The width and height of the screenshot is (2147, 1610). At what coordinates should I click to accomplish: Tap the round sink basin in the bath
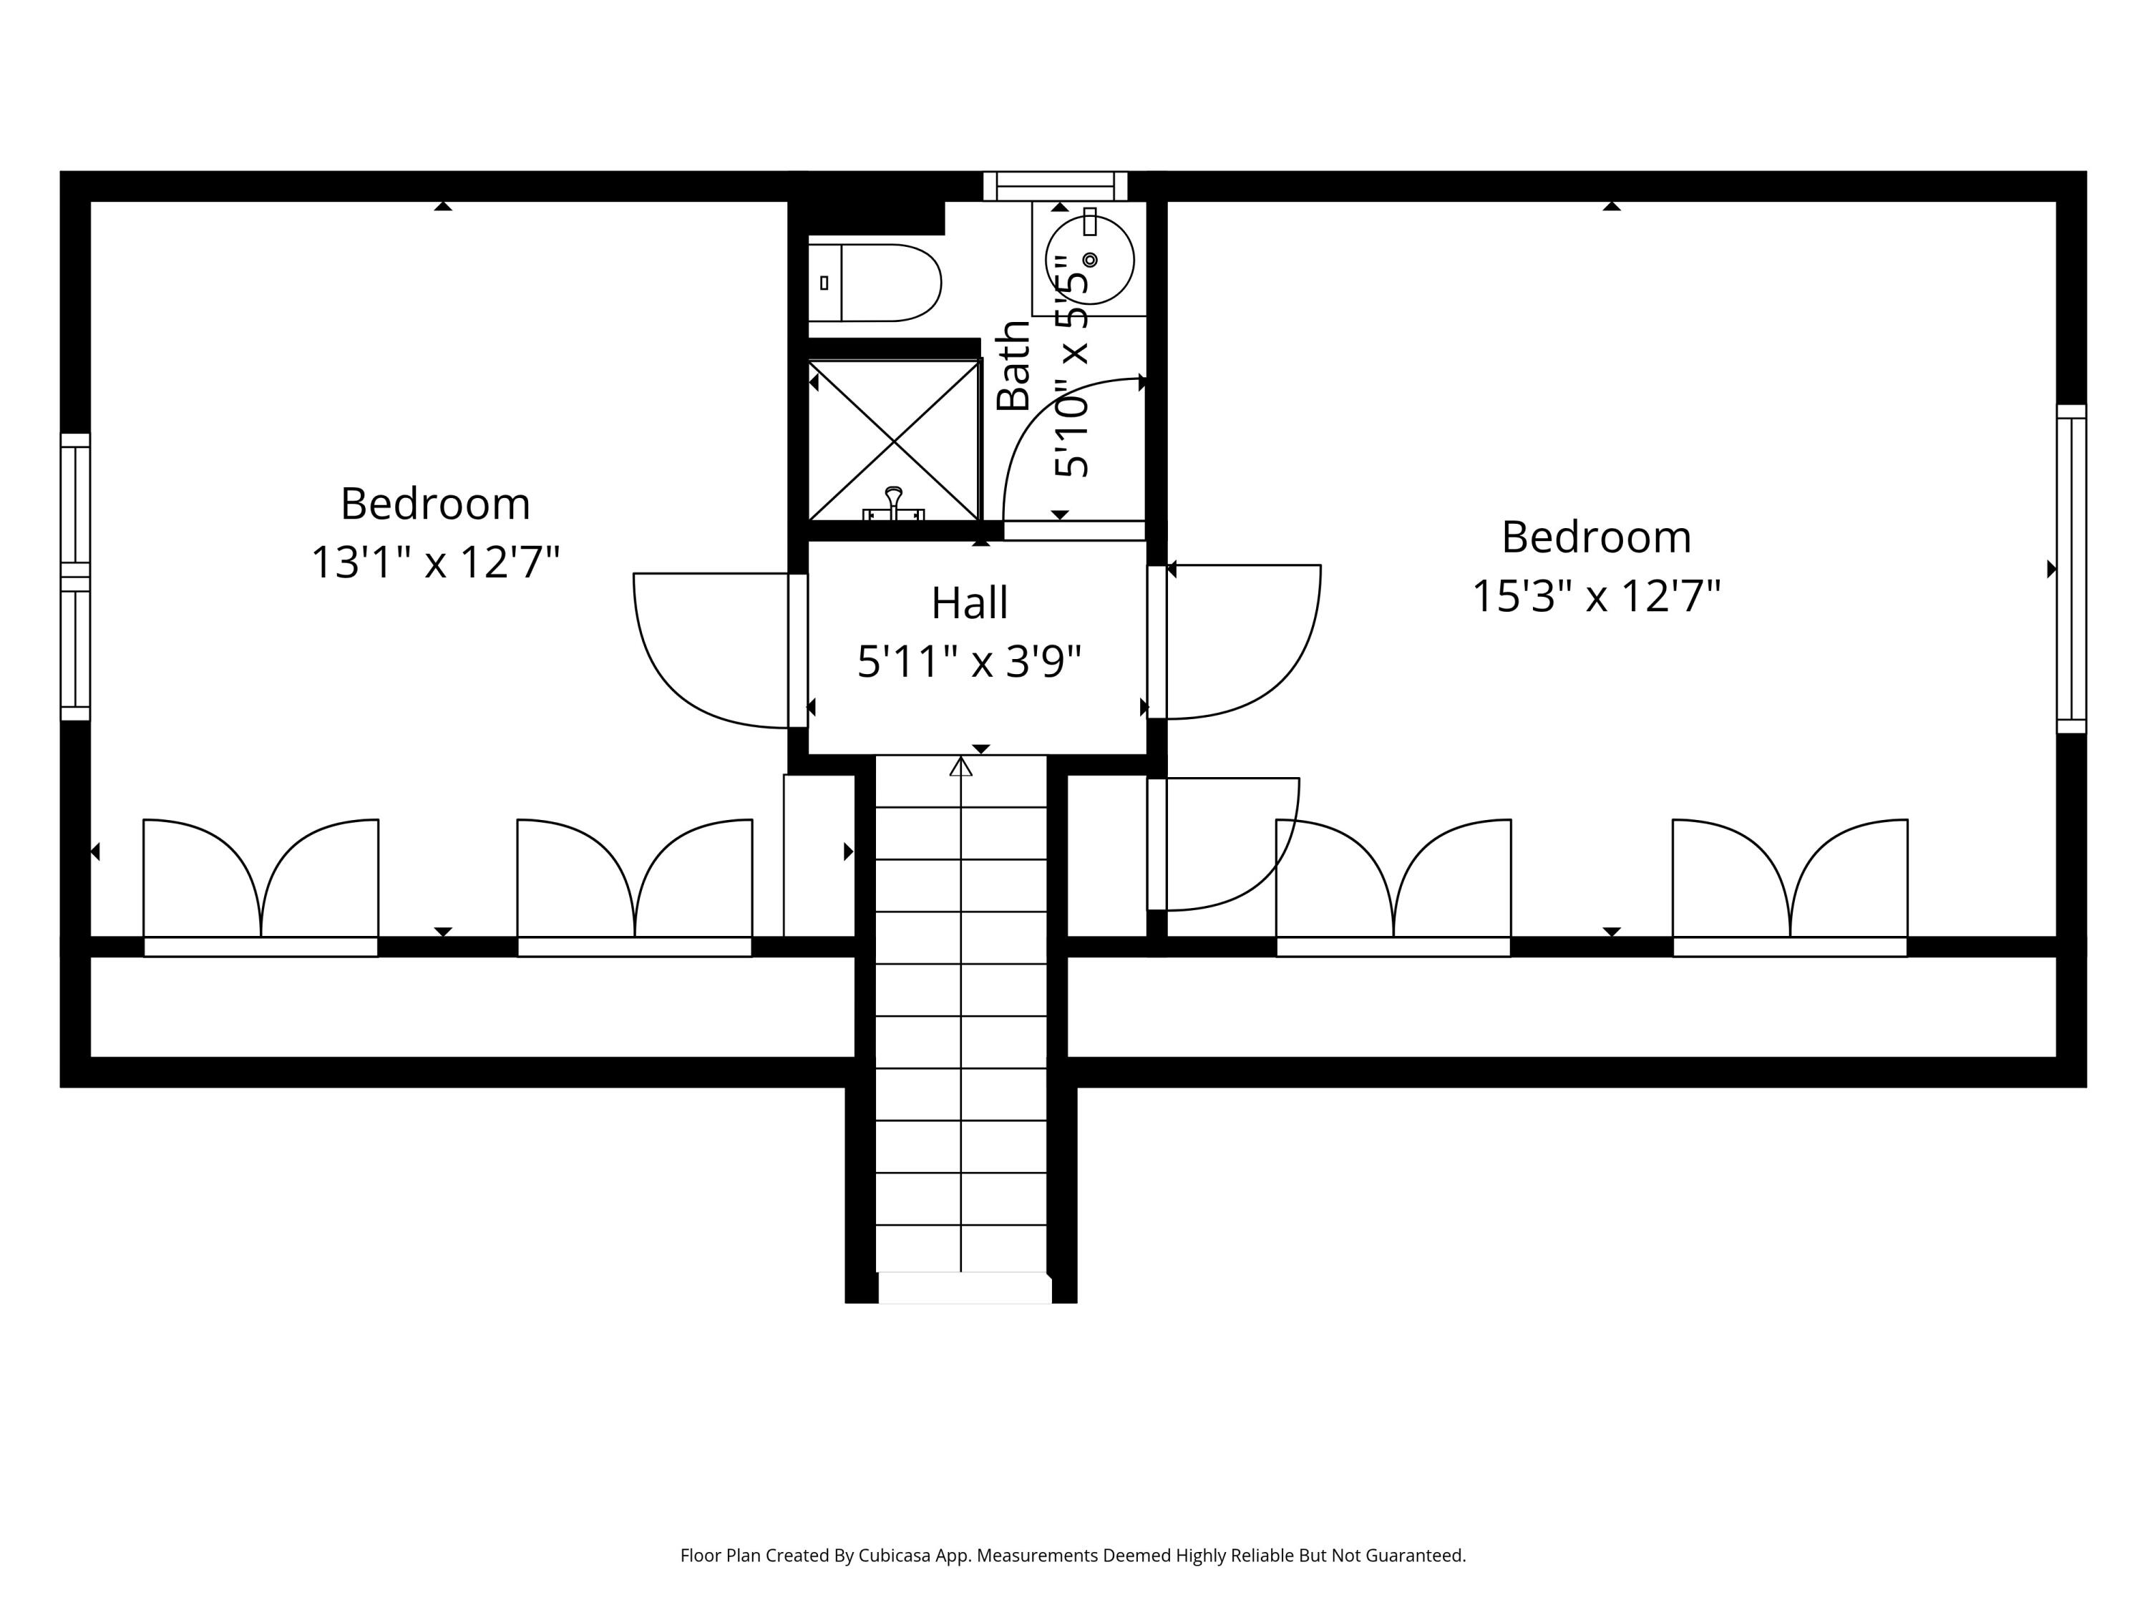(x=1089, y=260)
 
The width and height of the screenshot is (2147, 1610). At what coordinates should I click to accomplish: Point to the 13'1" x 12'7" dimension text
(x=435, y=562)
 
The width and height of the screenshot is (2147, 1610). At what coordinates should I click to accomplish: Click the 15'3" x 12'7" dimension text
(x=1596, y=596)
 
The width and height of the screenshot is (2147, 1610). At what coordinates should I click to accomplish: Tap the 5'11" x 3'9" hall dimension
(x=969, y=662)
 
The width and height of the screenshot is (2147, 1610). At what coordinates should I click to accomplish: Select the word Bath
(x=1013, y=366)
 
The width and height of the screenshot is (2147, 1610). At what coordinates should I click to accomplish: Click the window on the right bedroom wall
(x=2070, y=569)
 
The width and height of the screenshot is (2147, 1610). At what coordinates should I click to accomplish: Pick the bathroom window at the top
(x=1055, y=185)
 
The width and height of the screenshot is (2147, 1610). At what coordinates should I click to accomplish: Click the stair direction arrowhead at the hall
(x=961, y=766)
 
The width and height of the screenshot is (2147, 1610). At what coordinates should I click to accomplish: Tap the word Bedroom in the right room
(x=1596, y=537)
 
